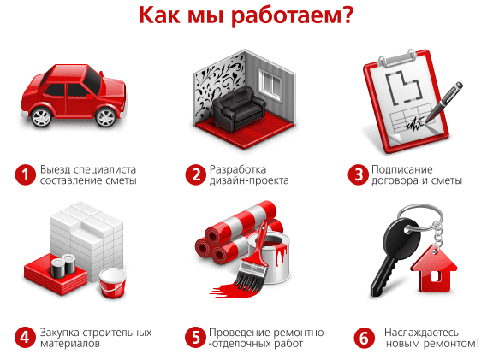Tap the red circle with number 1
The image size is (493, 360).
click(x=25, y=174)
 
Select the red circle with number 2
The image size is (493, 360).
click(x=195, y=174)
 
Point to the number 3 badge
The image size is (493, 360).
click(x=358, y=174)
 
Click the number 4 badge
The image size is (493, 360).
click(x=25, y=338)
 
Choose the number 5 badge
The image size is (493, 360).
click(x=195, y=338)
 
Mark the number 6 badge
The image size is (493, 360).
click(x=364, y=338)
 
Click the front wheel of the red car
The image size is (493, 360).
click(x=106, y=117)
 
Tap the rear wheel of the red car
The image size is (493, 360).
click(x=41, y=117)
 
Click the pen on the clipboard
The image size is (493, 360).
click(x=444, y=102)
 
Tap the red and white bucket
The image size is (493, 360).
click(x=112, y=283)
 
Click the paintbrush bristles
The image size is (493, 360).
click(x=247, y=282)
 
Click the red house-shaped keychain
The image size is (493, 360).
click(x=434, y=269)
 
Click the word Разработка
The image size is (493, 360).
click(x=238, y=169)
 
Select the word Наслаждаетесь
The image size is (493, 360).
click(x=421, y=333)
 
